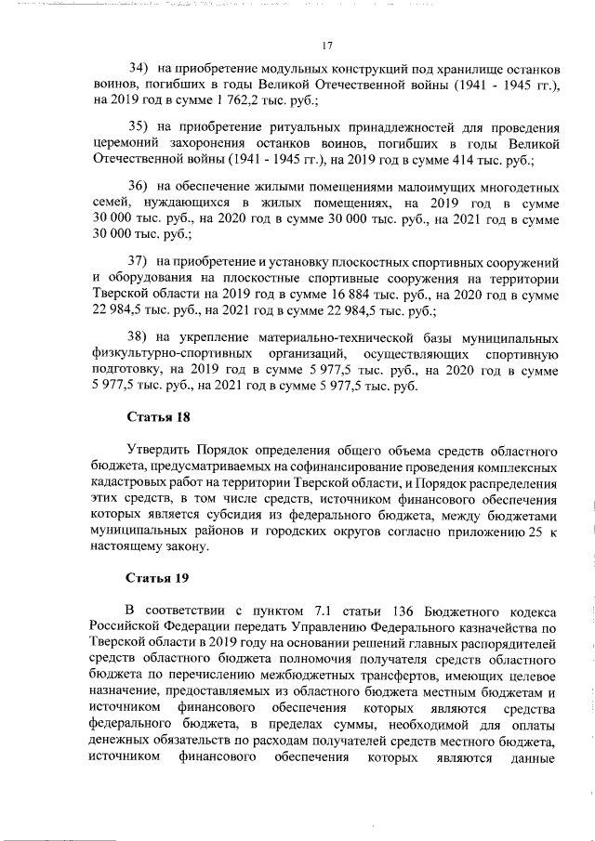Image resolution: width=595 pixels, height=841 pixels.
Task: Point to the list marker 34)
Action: (x=139, y=69)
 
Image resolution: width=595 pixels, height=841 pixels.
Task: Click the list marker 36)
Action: (x=139, y=186)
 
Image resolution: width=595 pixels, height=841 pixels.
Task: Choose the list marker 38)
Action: (x=139, y=336)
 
